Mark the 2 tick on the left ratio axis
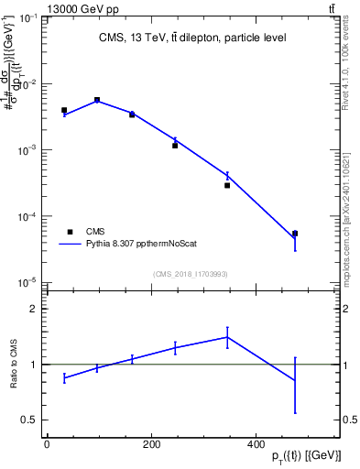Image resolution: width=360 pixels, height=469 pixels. (29, 309)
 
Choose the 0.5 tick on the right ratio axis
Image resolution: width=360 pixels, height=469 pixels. (349, 420)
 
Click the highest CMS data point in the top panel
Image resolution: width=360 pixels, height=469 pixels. (97, 100)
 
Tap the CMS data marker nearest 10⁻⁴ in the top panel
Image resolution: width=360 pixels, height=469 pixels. (295, 234)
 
